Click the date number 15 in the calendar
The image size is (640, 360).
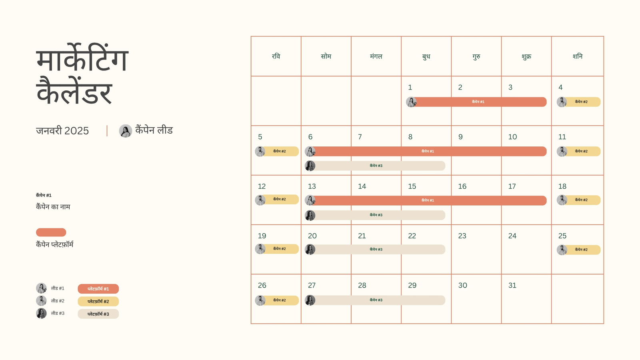click(412, 186)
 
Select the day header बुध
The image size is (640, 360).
click(426, 56)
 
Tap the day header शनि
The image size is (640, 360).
click(578, 56)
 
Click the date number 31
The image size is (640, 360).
click(512, 285)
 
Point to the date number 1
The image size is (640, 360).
click(410, 87)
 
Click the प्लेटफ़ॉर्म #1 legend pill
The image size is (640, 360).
click(98, 289)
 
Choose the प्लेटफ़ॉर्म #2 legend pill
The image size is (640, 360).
click(98, 302)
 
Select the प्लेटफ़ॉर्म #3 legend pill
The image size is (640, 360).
click(98, 314)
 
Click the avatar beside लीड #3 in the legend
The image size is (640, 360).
click(42, 314)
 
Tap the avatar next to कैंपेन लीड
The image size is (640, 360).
click(126, 131)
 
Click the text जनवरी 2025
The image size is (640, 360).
click(62, 131)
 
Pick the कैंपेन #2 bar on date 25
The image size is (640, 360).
click(578, 250)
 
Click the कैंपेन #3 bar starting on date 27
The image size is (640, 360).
click(375, 300)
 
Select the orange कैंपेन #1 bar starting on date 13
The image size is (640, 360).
click(426, 200)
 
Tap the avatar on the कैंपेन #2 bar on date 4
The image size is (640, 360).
click(562, 102)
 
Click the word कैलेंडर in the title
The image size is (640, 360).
click(74, 91)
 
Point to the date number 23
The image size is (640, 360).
click(462, 236)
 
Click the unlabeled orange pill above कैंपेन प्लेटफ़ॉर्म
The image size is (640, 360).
click(51, 232)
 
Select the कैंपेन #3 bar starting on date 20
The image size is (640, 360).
click(375, 250)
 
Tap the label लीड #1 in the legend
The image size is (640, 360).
click(58, 288)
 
